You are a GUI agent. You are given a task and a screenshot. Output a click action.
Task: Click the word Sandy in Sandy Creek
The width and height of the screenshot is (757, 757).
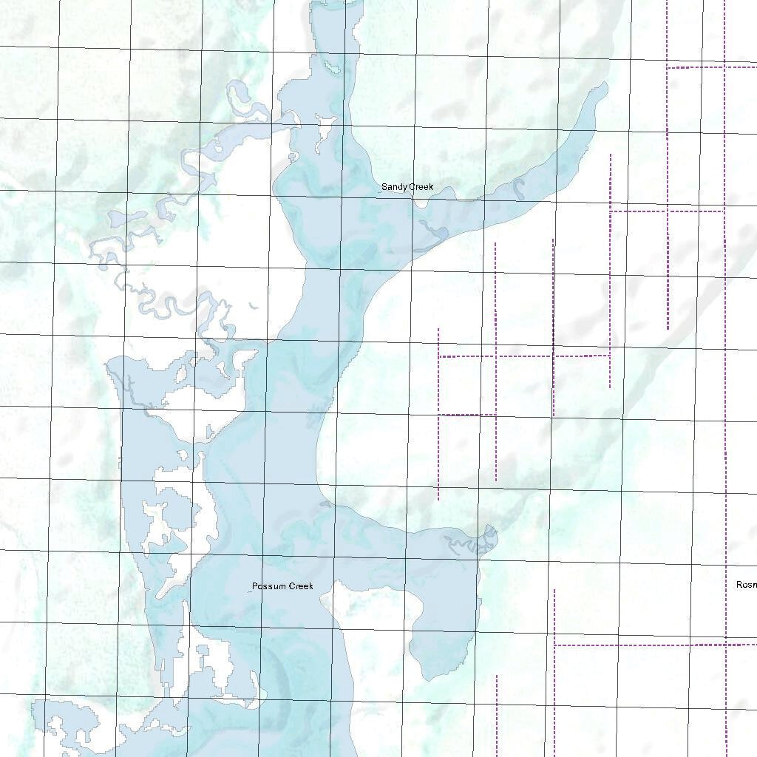(394, 188)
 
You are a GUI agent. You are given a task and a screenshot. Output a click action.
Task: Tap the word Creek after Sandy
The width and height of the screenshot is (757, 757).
(421, 188)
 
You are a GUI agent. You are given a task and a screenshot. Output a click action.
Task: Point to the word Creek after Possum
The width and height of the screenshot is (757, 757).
(301, 586)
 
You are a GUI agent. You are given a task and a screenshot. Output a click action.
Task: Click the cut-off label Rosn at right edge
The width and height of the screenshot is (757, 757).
(746, 585)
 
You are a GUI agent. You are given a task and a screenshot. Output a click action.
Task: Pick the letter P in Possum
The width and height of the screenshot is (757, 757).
(255, 586)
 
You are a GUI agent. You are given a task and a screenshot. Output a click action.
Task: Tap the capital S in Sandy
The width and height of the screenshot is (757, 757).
(384, 188)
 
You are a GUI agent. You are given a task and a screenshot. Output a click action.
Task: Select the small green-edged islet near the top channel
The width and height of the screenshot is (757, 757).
(330, 67)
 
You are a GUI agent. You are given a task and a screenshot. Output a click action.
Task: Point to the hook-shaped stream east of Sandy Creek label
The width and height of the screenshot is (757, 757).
(518, 189)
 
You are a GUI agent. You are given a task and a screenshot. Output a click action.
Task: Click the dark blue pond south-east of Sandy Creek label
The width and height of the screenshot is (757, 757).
(438, 235)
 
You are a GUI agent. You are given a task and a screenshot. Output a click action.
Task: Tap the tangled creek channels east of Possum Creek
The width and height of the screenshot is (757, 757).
(473, 543)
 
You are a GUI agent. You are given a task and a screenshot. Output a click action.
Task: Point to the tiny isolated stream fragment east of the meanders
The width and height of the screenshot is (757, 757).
(254, 305)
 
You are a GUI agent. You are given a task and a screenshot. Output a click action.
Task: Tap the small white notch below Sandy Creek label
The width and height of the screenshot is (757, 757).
(421, 201)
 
